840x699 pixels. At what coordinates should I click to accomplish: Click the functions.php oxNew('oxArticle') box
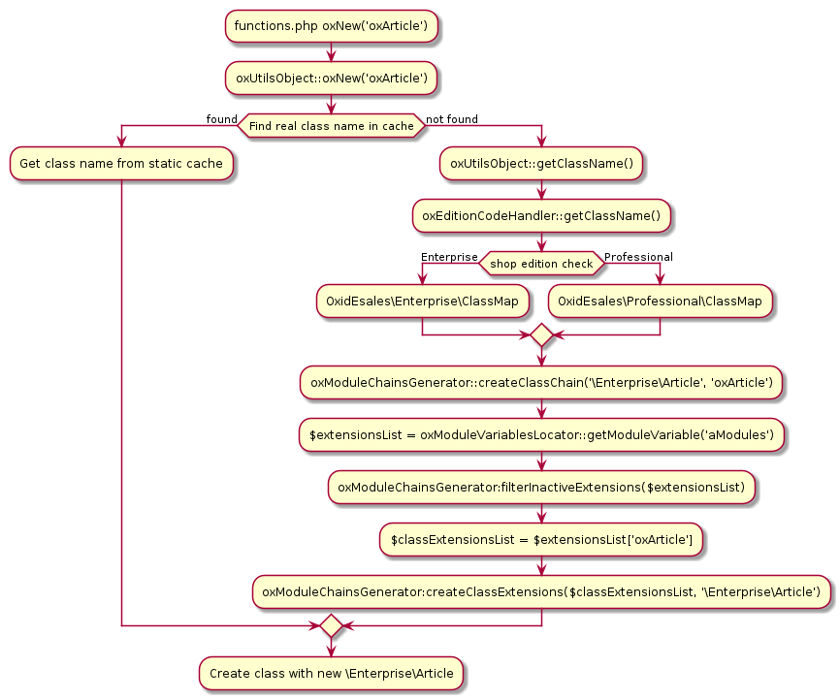(331, 26)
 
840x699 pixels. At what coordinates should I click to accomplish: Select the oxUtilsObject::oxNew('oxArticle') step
(331, 79)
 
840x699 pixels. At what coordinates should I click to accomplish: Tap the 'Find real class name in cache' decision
(331, 126)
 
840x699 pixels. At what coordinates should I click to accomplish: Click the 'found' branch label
(221, 119)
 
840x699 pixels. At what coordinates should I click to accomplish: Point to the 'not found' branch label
(451, 119)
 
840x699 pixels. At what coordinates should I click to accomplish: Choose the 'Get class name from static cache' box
(121, 164)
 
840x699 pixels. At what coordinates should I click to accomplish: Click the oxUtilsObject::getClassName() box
(541, 164)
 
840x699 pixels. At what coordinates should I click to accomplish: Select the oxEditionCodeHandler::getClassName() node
(541, 216)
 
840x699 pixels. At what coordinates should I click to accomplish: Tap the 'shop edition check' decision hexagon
(541, 264)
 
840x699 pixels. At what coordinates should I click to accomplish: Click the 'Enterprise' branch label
(449, 257)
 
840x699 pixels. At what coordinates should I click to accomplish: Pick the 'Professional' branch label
(638, 257)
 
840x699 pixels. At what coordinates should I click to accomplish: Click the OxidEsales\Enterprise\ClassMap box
(423, 302)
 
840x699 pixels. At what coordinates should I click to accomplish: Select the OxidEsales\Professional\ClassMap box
(661, 302)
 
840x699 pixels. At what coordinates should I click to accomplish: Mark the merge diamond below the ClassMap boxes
(541, 335)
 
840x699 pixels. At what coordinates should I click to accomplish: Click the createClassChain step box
(541, 383)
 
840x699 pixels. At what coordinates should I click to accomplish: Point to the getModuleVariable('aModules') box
(541, 435)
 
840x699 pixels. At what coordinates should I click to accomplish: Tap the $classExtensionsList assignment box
(541, 539)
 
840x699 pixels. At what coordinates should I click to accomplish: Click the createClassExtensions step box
(541, 591)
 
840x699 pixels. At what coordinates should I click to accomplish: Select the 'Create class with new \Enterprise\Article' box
(331, 673)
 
